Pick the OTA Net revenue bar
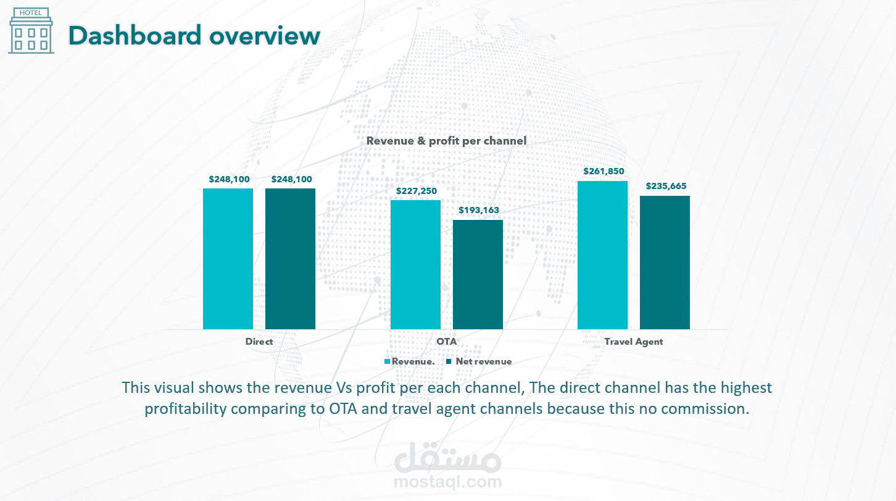(x=478, y=274)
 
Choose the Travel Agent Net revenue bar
(x=665, y=262)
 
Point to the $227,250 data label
(x=417, y=191)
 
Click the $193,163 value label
(x=479, y=210)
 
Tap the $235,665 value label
(x=666, y=186)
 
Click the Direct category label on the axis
(x=259, y=342)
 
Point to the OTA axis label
(x=447, y=342)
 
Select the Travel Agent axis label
(x=634, y=342)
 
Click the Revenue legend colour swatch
(x=388, y=361)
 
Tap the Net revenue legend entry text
(x=484, y=361)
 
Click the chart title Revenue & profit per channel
(x=446, y=141)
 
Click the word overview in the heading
(x=264, y=35)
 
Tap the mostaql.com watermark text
(x=447, y=481)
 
